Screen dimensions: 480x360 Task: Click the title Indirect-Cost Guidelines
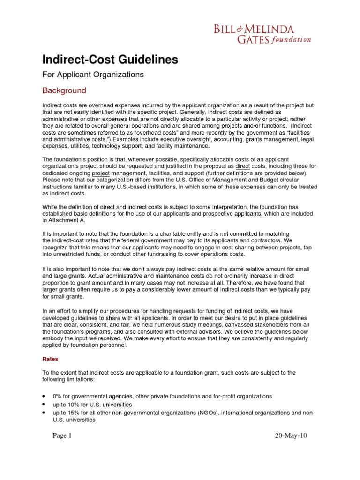(110, 60)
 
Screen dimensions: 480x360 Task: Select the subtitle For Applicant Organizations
(93, 75)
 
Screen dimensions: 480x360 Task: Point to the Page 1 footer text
(62, 435)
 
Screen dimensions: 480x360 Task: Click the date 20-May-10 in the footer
(291, 435)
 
